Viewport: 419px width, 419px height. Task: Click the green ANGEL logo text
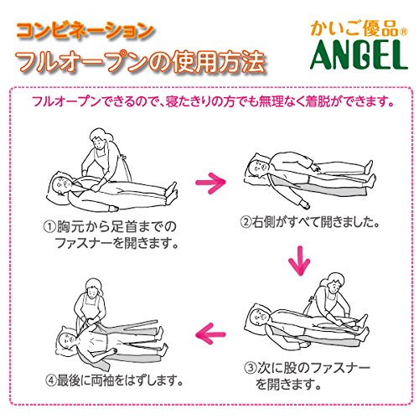tap(359, 54)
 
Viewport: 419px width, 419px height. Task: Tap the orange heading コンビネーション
tap(85, 31)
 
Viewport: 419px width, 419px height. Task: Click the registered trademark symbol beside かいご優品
tap(404, 32)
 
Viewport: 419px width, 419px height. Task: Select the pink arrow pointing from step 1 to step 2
tap(210, 183)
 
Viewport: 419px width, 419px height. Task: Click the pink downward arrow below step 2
tap(299, 261)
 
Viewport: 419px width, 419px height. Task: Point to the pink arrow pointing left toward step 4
tap(210, 334)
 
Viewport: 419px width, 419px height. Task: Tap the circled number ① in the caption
tap(50, 226)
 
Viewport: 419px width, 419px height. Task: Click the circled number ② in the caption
tap(246, 222)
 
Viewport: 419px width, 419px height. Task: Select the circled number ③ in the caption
tap(250, 369)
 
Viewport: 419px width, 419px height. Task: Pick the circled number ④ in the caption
tap(51, 380)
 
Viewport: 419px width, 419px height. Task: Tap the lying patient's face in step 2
tap(259, 166)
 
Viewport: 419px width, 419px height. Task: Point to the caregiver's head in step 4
tap(94, 289)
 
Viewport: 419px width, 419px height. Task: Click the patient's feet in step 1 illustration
tap(171, 194)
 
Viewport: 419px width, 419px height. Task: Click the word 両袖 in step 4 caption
tap(99, 380)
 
